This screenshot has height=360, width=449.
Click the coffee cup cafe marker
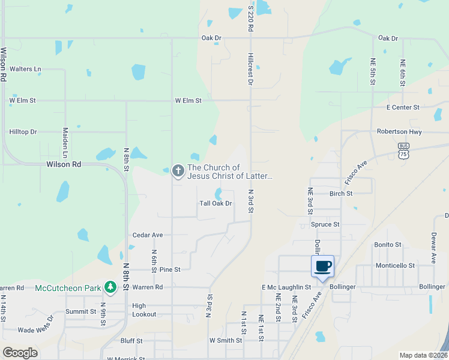click(x=322, y=266)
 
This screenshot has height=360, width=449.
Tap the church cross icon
click(x=178, y=172)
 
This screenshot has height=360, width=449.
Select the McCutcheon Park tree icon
click(x=110, y=288)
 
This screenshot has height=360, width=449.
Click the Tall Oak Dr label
click(x=215, y=203)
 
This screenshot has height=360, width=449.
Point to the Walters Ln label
click(x=26, y=69)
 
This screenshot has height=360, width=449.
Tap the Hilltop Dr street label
click(x=23, y=131)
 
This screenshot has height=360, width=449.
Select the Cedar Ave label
click(x=148, y=235)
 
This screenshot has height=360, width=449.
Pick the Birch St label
click(x=341, y=193)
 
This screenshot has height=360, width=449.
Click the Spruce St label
click(x=325, y=224)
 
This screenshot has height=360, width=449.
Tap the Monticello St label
click(x=395, y=265)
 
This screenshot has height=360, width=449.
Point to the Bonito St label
click(x=387, y=245)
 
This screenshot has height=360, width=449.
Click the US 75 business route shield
click(x=403, y=149)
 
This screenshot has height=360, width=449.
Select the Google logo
click(x=20, y=353)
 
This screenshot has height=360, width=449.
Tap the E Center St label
click(x=403, y=107)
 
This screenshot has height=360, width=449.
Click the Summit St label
click(x=80, y=311)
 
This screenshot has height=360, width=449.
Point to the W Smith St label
click(x=225, y=340)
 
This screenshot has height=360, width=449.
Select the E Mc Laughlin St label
click(x=286, y=287)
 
